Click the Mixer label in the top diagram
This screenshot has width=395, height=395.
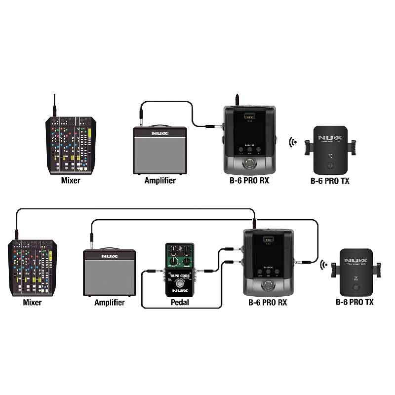[x=71, y=181]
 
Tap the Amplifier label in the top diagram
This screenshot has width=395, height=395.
[x=160, y=181]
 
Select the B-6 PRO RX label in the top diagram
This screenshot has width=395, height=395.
[x=249, y=181]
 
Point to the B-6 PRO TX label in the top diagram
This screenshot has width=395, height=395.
[x=330, y=181]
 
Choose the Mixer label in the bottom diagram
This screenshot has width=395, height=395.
[x=32, y=302]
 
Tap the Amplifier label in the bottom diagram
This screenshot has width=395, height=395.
[x=110, y=302]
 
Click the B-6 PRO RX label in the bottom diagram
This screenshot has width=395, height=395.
[x=267, y=302]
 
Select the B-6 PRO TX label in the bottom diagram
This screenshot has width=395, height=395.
[x=355, y=302]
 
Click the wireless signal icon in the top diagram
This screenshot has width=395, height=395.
[x=293, y=143]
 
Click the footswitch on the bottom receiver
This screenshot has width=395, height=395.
[x=268, y=285]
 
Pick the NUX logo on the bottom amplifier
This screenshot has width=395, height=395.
[x=110, y=257]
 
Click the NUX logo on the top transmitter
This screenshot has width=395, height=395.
[x=330, y=137]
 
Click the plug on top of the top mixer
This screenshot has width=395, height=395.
[x=55, y=106]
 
